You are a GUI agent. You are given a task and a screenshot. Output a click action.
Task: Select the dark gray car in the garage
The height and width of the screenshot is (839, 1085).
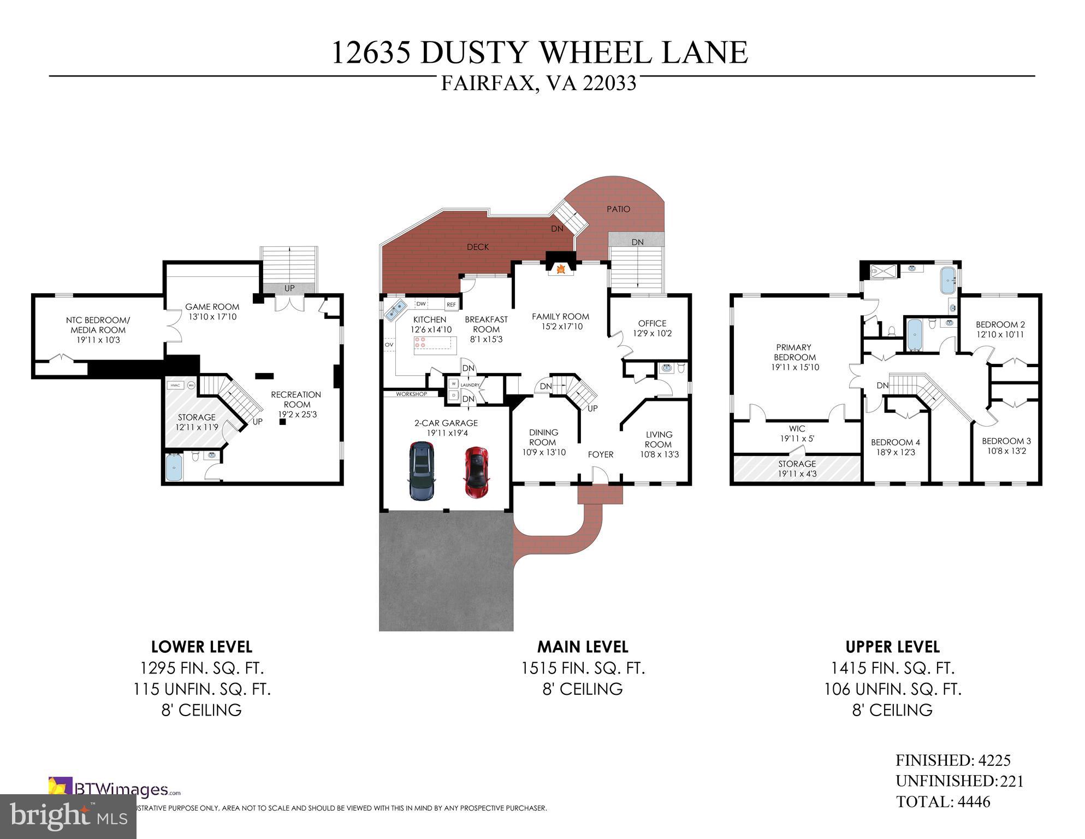click(x=420, y=471)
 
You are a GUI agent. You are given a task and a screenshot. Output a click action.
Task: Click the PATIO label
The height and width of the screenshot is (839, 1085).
click(x=618, y=209)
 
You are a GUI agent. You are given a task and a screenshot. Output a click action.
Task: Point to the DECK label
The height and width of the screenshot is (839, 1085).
click(x=478, y=247)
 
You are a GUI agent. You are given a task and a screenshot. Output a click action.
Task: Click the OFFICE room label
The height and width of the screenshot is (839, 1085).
click(x=652, y=323)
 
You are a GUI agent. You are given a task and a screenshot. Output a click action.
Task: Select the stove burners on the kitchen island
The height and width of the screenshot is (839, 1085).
click(x=422, y=342)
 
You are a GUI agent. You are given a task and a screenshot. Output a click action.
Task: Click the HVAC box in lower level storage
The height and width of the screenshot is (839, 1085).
click(x=175, y=385)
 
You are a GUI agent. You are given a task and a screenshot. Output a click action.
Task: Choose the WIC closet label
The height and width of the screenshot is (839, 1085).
click(x=797, y=429)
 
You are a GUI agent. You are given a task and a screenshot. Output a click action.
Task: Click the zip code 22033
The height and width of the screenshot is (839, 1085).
click(x=609, y=84)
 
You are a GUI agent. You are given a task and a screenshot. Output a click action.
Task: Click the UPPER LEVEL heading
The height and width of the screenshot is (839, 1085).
click(x=892, y=647)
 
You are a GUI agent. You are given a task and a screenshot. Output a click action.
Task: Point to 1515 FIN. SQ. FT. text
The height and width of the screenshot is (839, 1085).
click(x=583, y=669)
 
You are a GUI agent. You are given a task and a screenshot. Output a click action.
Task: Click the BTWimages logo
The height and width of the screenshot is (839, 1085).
click(x=115, y=789)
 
